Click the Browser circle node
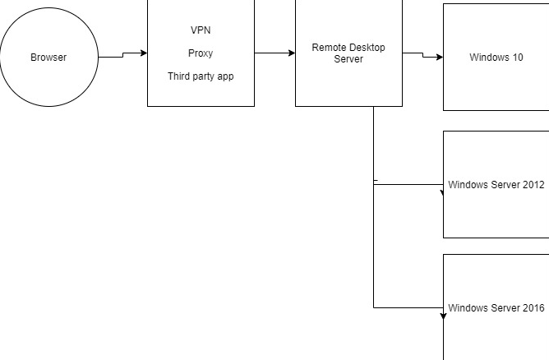click(x=48, y=58)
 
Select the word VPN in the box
click(x=201, y=30)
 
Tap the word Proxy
click(x=201, y=53)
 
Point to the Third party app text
click(x=201, y=76)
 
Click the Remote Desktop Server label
click(x=348, y=53)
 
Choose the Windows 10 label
click(x=496, y=58)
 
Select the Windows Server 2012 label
click(x=496, y=185)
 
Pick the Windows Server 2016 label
click(x=496, y=308)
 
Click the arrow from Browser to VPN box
click(x=122, y=55)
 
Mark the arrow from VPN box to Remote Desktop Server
click(x=274, y=53)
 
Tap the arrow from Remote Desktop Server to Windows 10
click(x=422, y=56)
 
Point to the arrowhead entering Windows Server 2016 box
click(x=443, y=315)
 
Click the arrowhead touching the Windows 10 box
click(x=440, y=58)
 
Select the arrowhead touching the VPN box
click(x=144, y=53)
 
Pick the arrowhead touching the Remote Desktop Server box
click(x=292, y=53)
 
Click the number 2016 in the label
click(x=533, y=308)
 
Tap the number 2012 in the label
click(x=533, y=185)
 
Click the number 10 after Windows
click(x=517, y=58)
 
